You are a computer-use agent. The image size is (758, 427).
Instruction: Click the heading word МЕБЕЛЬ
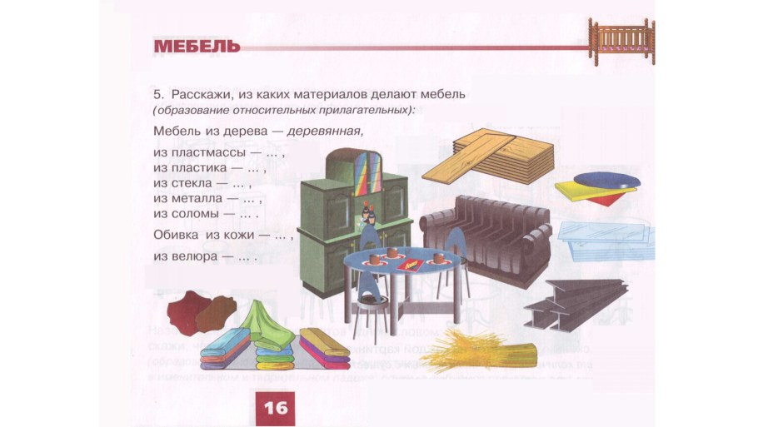click(x=197, y=46)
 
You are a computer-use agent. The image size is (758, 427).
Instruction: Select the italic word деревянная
click(x=325, y=131)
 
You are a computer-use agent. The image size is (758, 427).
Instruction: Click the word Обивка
click(x=174, y=236)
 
